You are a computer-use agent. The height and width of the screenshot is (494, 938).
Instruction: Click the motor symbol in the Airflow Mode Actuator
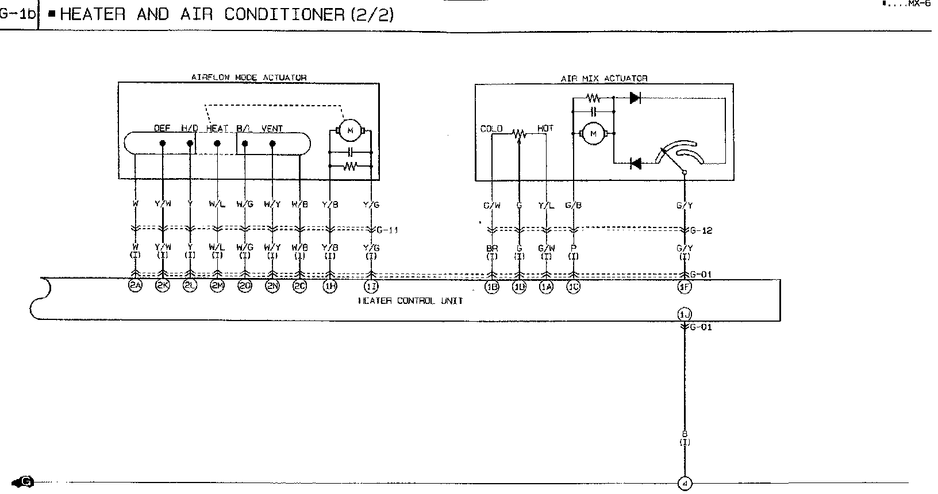pyautogui.click(x=349, y=132)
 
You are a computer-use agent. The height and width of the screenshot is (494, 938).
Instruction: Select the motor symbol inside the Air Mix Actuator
pyautogui.click(x=594, y=134)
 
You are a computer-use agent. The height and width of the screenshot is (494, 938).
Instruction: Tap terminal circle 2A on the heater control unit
pyautogui.click(x=135, y=287)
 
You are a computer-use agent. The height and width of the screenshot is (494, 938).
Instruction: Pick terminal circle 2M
pyautogui.click(x=217, y=287)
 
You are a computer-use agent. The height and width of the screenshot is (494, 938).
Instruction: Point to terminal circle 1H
pyautogui.click(x=330, y=287)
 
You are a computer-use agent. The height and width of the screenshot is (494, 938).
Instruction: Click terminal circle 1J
pyautogui.click(x=684, y=314)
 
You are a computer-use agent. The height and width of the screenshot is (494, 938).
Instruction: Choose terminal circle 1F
pyautogui.click(x=684, y=287)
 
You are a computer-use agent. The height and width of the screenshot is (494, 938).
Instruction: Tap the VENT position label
pyautogui.click(x=272, y=129)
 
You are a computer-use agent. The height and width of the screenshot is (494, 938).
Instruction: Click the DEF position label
pyautogui.click(x=162, y=129)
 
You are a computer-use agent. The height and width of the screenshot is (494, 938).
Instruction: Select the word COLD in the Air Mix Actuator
pyautogui.click(x=491, y=129)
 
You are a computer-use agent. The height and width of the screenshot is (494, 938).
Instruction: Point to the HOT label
pyautogui.click(x=545, y=128)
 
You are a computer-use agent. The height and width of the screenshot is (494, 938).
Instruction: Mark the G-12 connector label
pyautogui.click(x=701, y=230)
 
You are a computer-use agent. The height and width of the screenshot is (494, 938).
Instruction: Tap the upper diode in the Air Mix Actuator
pyautogui.click(x=635, y=98)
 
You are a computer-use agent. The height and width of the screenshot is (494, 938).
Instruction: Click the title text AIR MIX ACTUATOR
pyautogui.click(x=604, y=78)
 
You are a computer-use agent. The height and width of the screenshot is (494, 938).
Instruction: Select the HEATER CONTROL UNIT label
pyautogui.click(x=410, y=300)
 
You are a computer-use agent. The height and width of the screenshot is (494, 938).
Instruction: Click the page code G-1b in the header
pyautogui.click(x=17, y=14)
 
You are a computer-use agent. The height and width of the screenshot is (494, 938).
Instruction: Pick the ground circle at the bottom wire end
pyautogui.click(x=684, y=484)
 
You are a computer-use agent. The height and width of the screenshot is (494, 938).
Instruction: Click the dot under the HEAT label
pyautogui.click(x=217, y=143)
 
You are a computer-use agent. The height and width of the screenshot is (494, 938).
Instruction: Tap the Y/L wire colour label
pyautogui.click(x=546, y=205)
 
